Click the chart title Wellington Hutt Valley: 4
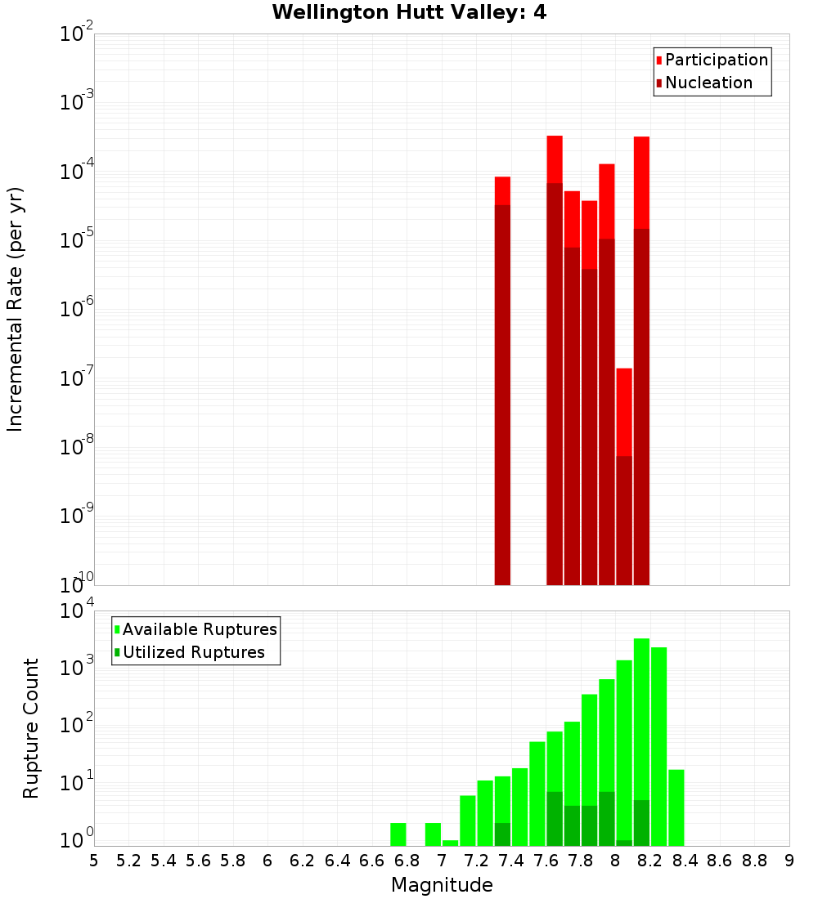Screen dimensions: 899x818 point(409,12)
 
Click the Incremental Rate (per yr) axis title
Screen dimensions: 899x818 point(16,309)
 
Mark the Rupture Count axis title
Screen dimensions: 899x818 point(31,727)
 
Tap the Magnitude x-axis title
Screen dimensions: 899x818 point(442,885)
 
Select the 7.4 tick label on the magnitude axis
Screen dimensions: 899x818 point(511,861)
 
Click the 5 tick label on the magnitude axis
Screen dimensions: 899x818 point(94,861)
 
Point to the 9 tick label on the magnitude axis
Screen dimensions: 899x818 point(789,861)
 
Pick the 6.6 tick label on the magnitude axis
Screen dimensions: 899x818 point(372,861)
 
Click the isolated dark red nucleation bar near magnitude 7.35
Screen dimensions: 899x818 point(502,392)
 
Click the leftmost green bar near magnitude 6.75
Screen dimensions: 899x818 point(398,834)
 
